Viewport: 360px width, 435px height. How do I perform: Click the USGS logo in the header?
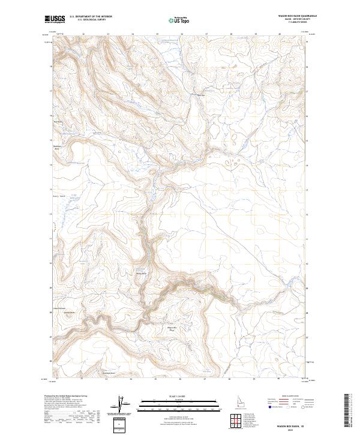click(56, 19)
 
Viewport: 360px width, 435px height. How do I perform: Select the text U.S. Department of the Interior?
click(91, 17)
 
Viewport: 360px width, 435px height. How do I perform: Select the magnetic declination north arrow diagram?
click(124, 406)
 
